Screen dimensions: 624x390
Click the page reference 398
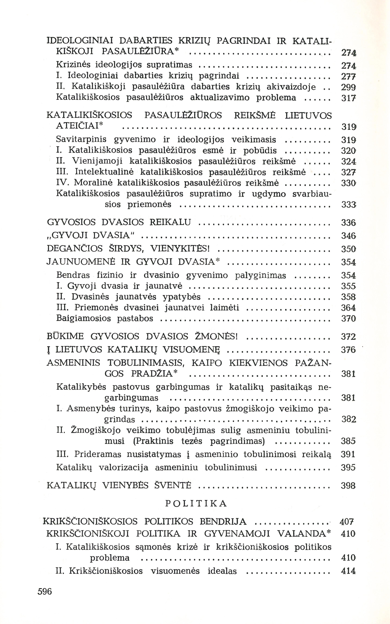click(348, 486)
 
